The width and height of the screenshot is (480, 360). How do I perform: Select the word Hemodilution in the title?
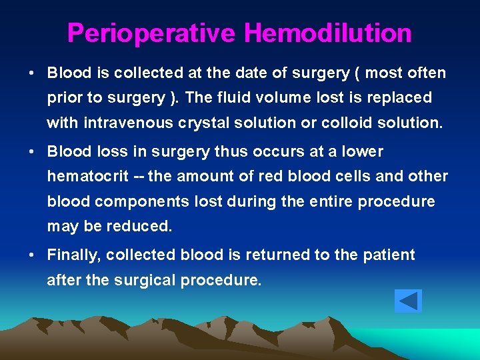tap(327, 33)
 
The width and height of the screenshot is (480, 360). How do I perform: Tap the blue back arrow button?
tap(408, 301)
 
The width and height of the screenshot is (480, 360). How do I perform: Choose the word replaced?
tap(402, 97)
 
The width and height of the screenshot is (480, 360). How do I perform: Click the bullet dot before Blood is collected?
tap(31, 72)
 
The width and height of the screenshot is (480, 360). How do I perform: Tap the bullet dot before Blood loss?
tap(31, 152)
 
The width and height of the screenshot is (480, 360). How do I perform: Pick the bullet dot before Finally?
tap(31, 255)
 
